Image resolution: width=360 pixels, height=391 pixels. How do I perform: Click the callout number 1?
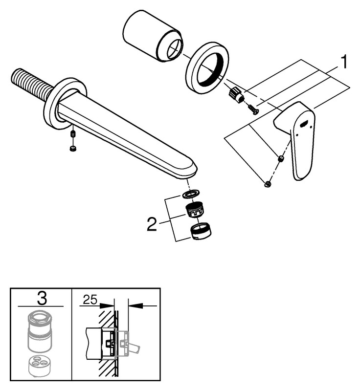pyautogui.click(x=344, y=62)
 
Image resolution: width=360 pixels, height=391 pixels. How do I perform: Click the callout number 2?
pyautogui.click(x=153, y=224)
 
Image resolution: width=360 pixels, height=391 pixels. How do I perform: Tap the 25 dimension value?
pyautogui.click(x=90, y=298)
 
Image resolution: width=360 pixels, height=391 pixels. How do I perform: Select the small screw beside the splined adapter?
pyautogui.click(x=253, y=109)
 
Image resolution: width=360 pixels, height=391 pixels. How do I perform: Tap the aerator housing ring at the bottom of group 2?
pyautogui.click(x=200, y=231)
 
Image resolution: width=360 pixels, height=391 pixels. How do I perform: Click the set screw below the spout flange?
pyautogui.click(x=72, y=134)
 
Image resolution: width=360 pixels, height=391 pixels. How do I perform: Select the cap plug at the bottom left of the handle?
pyautogui.click(x=268, y=184)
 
